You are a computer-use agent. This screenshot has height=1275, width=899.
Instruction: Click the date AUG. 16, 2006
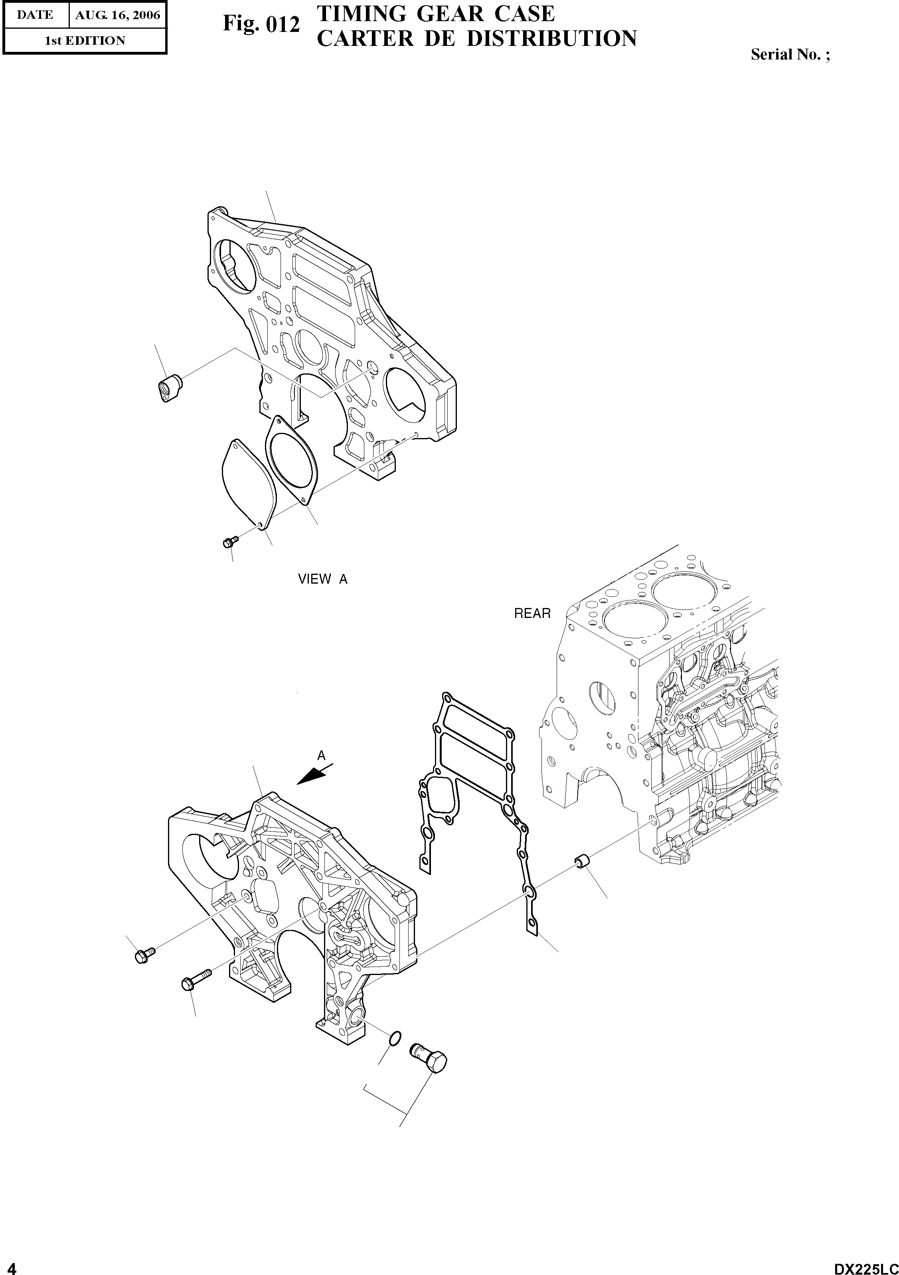click(117, 15)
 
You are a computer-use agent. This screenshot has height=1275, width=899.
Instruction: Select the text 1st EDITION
click(85, 41)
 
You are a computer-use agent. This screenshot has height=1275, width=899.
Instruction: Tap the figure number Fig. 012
click(261, 24)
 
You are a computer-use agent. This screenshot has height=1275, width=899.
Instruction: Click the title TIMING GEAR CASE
click(435, 13)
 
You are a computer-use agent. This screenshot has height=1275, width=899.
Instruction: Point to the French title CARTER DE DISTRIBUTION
click(476, 39)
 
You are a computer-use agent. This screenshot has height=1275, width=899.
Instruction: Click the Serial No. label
click(790, 54)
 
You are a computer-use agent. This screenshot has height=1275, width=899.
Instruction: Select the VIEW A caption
click(323, 579)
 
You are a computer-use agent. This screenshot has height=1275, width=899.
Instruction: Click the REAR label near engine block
click(532, 613)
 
